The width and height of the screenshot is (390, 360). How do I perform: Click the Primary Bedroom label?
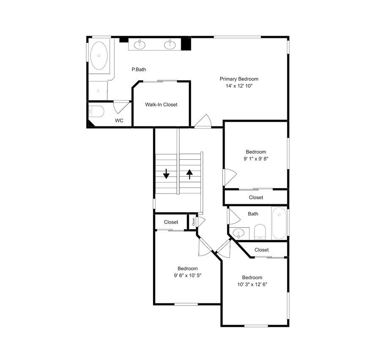click(239, 79)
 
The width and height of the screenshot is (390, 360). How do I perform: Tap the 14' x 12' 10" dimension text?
click(239, 86)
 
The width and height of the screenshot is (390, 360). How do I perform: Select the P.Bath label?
click(139, 70)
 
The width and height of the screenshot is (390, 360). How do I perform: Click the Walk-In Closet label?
click(161, 105)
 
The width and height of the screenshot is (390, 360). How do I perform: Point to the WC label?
click(119, 121)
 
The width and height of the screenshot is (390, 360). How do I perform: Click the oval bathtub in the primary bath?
click(99, 56)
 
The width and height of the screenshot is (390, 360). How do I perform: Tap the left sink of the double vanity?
click(140, 45)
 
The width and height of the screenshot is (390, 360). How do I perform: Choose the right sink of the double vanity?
click(170, 45)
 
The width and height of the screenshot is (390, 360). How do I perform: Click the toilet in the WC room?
click(96, 112)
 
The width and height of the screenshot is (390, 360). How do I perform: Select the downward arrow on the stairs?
click(166, 174)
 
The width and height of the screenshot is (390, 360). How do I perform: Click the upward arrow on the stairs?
click(190, 174)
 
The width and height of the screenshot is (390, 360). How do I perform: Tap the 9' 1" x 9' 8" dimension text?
click(256, 159)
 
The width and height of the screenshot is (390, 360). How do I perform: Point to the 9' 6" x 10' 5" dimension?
click(187, 275)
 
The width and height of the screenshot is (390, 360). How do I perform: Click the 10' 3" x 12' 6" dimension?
click(252, 284)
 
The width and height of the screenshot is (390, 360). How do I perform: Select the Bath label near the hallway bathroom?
click(253, 214)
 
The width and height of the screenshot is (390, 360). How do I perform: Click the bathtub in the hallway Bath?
click(279, 223)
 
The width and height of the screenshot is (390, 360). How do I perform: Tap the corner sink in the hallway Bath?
click(238, 234)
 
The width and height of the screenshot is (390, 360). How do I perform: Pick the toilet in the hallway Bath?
click(260, 232)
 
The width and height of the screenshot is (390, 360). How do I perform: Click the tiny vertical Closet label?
click(193, 222)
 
